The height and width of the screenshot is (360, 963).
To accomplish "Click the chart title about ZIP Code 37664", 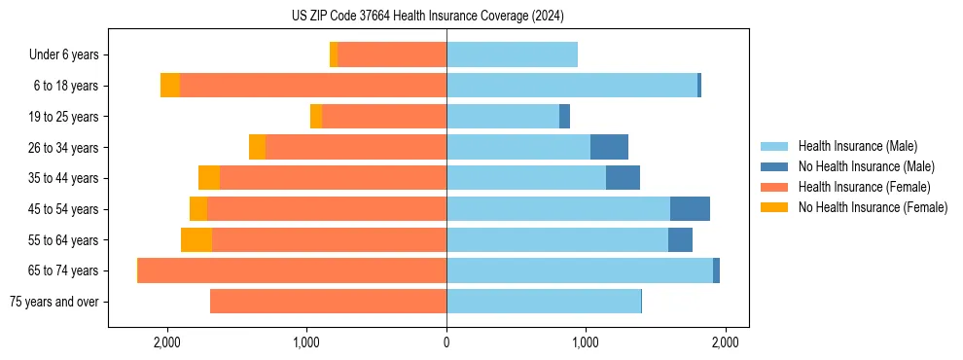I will coord(427,16).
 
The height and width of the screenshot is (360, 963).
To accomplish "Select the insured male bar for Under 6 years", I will coord(512,54).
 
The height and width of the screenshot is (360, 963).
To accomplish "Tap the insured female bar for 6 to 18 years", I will coord(312,86).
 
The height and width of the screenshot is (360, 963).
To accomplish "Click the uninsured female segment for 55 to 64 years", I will coord(196,239).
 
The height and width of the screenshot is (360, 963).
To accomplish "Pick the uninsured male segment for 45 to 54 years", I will coord(690,209).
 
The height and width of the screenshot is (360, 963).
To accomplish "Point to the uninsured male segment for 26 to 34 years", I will coord(609,147).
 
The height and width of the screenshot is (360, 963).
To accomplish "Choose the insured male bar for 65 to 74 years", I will coord(580,270).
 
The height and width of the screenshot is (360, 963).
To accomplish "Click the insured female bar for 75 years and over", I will coord(328,302).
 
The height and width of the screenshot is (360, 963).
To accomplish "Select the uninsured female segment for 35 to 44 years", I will coord(209,178).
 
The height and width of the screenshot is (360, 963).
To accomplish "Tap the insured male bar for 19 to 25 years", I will coord(503,117).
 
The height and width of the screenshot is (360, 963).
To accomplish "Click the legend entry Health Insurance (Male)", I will coord(857,146).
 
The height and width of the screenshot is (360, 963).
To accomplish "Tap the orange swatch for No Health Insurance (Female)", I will coord(774,207).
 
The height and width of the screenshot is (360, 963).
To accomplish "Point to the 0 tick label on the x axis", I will coord(446,342).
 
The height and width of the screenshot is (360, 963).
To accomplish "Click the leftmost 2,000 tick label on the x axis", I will coord(167,342).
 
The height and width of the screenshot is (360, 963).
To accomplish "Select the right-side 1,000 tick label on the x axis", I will coord(586,342).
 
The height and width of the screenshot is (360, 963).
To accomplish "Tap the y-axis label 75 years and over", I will coord(53,302).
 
